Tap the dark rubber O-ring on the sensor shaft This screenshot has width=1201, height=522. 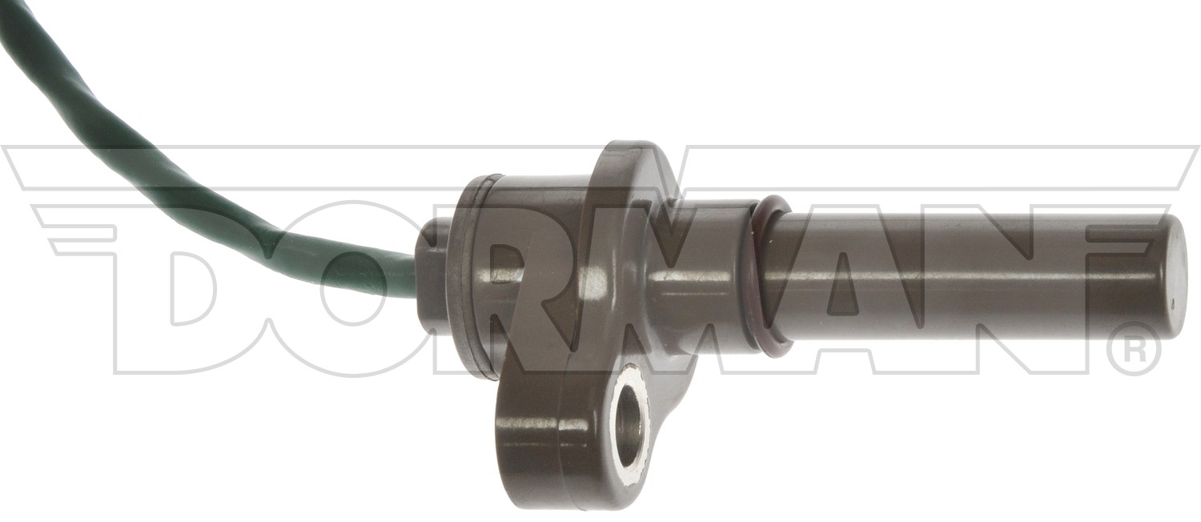pyautogui.click(x=773, y=276)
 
